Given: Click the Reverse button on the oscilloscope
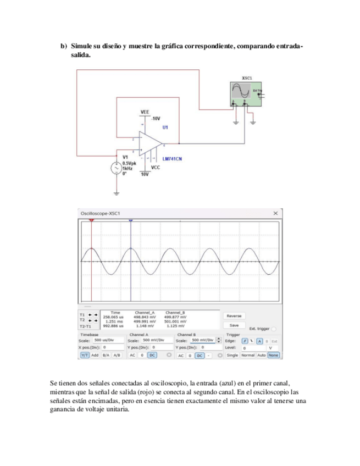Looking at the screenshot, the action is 234,316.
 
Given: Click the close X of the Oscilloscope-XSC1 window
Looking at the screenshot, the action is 275,213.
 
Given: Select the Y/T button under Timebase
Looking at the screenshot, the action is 85,356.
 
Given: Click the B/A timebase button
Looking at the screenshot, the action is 106,356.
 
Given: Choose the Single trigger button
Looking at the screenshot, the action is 232,356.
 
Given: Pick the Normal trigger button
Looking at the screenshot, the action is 247,356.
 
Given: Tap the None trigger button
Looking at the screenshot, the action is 273,356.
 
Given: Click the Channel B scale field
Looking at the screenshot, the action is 203,340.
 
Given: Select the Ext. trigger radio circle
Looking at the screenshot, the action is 274,329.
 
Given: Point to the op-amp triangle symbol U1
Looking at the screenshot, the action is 149,143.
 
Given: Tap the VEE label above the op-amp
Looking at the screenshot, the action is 145,112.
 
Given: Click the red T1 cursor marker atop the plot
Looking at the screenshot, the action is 92,220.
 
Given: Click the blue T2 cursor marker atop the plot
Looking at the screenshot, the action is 131,220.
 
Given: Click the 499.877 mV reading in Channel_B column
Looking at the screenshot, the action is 175,317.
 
